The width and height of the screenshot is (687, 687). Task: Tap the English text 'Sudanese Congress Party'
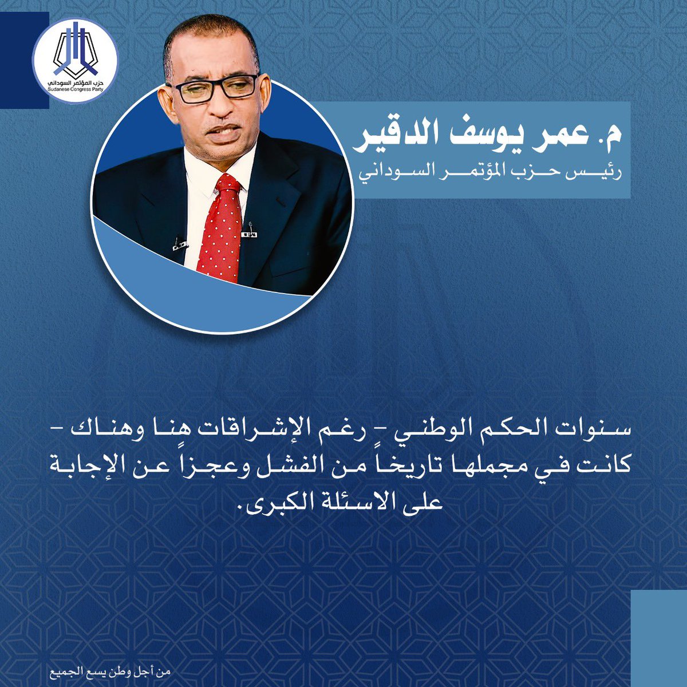(x=76, y=89)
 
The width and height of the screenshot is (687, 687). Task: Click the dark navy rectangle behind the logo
(x=24, y=60)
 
